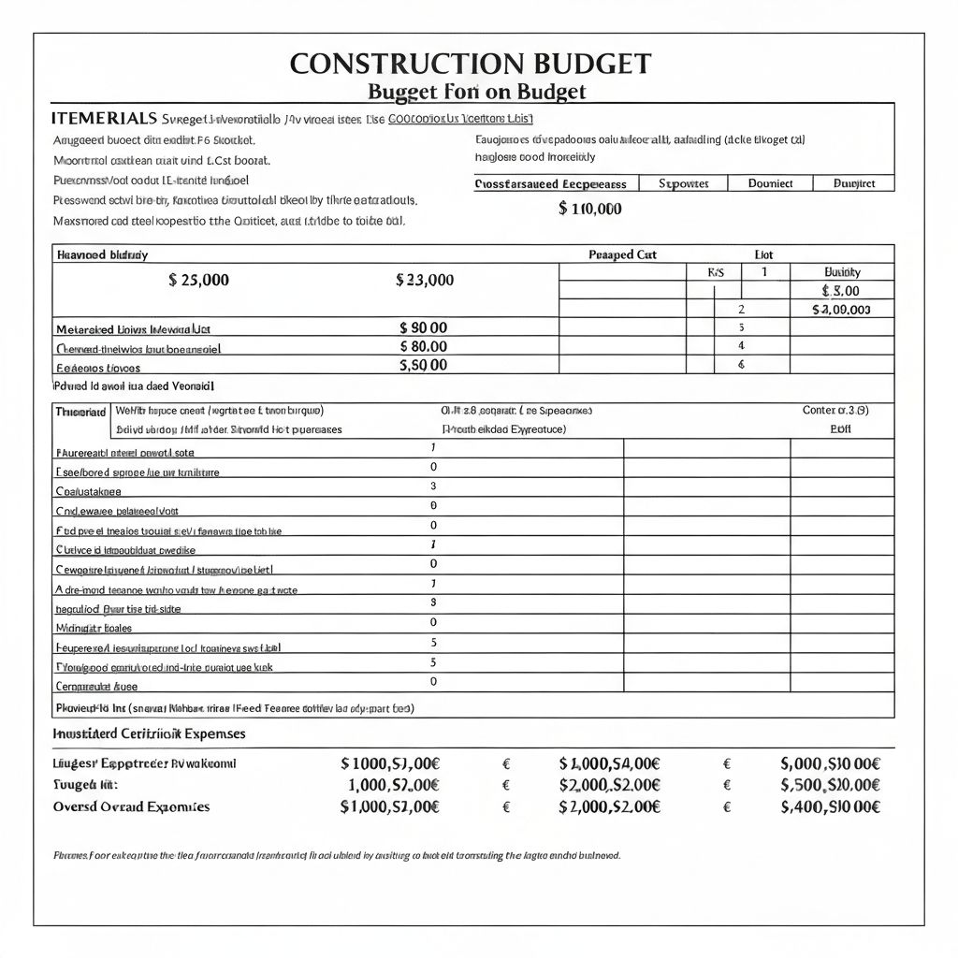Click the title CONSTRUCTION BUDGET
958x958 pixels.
470,64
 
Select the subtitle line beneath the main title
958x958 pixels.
476,92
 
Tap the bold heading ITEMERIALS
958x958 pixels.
103,119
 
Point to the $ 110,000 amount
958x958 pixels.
589,209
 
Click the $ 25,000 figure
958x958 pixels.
198,280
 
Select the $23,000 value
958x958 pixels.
425,280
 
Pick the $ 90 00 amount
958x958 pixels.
423,327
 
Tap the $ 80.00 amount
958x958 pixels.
423,346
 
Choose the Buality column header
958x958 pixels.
841,271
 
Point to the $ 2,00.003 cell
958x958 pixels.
841,309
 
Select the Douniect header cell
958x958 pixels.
771,183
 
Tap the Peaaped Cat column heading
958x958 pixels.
622,254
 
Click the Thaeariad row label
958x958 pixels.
81,412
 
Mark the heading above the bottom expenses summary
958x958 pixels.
150,734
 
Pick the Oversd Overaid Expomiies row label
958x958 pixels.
132,806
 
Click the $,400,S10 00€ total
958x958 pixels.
830,806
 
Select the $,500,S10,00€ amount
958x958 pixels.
830,785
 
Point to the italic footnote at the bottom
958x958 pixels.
337,855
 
